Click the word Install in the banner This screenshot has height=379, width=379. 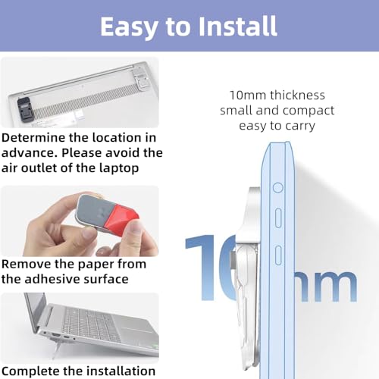click(x=238, y=26)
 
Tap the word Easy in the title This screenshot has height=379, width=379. click(x=130, y=28)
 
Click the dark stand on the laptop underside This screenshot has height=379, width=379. click(x=24, y=110)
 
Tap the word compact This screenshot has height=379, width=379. click(x=309, y=111)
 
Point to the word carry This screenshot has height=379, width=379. click(x=300, y=127)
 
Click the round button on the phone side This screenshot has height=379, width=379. click(x=278, y=188)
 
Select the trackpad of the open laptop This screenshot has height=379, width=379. click(x=136, y=329)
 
